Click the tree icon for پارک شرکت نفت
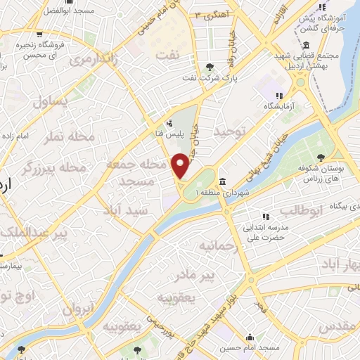[x=210, y=67]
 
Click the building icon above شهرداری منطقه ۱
[x=222, y=181]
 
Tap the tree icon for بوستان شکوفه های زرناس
[x=321, y=157]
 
